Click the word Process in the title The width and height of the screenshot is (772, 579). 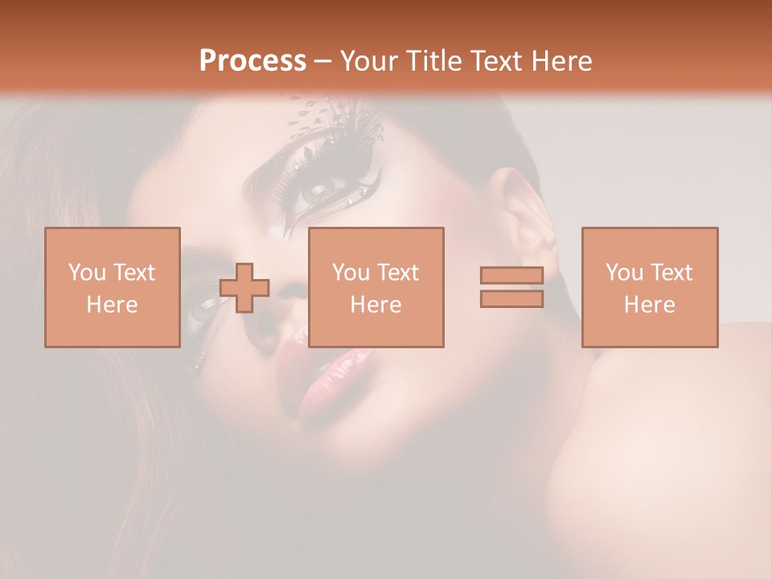[x=253, y=61]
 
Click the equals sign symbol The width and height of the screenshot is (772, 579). [x=511, y=287]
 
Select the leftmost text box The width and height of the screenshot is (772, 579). [x=113, y=287]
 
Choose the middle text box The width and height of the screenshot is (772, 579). [x=376, y=287]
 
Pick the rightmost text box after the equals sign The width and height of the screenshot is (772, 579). [x=650, y=287]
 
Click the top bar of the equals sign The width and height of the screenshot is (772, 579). [x=511, y=276]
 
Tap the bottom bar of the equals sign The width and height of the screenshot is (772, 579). [x=511, y=298]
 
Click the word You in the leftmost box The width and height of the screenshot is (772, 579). [x=86, y=273]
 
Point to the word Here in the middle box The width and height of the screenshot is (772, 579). [x=376, y=305]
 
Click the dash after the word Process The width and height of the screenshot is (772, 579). [x=323, y=61]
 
